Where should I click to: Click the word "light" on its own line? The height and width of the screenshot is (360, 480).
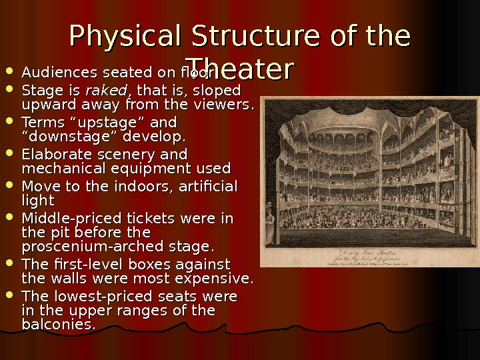tap(38, 200)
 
